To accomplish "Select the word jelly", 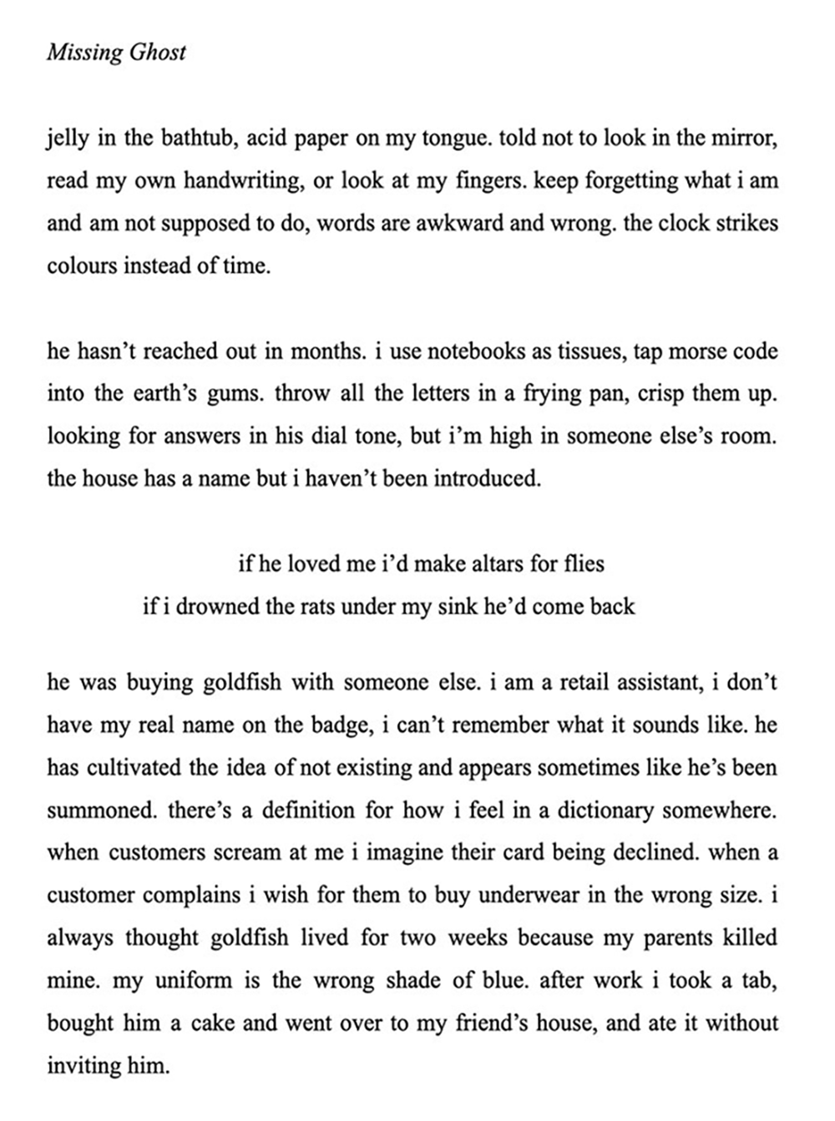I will (x=67, y=138).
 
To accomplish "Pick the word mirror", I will (x=746, y=138).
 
